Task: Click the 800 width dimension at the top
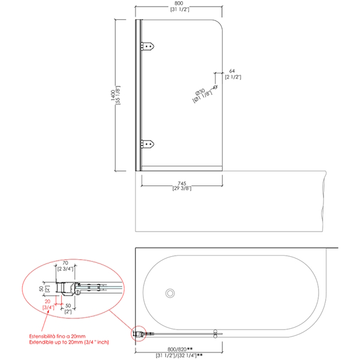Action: [x=179, y=3]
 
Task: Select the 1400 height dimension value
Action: [x=113, y=95]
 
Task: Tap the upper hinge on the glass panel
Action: [x=147, y=46]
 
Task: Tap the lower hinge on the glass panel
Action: [x=147, y=144]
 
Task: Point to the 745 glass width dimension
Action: [x=182, y=184]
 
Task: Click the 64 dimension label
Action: [x=232, y=71]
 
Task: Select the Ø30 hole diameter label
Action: [x=200, y=92]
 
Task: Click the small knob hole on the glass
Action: [x=215, y=87]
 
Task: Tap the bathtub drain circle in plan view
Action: [x=170, y=293]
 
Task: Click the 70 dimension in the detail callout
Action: [x=65, y=263]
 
